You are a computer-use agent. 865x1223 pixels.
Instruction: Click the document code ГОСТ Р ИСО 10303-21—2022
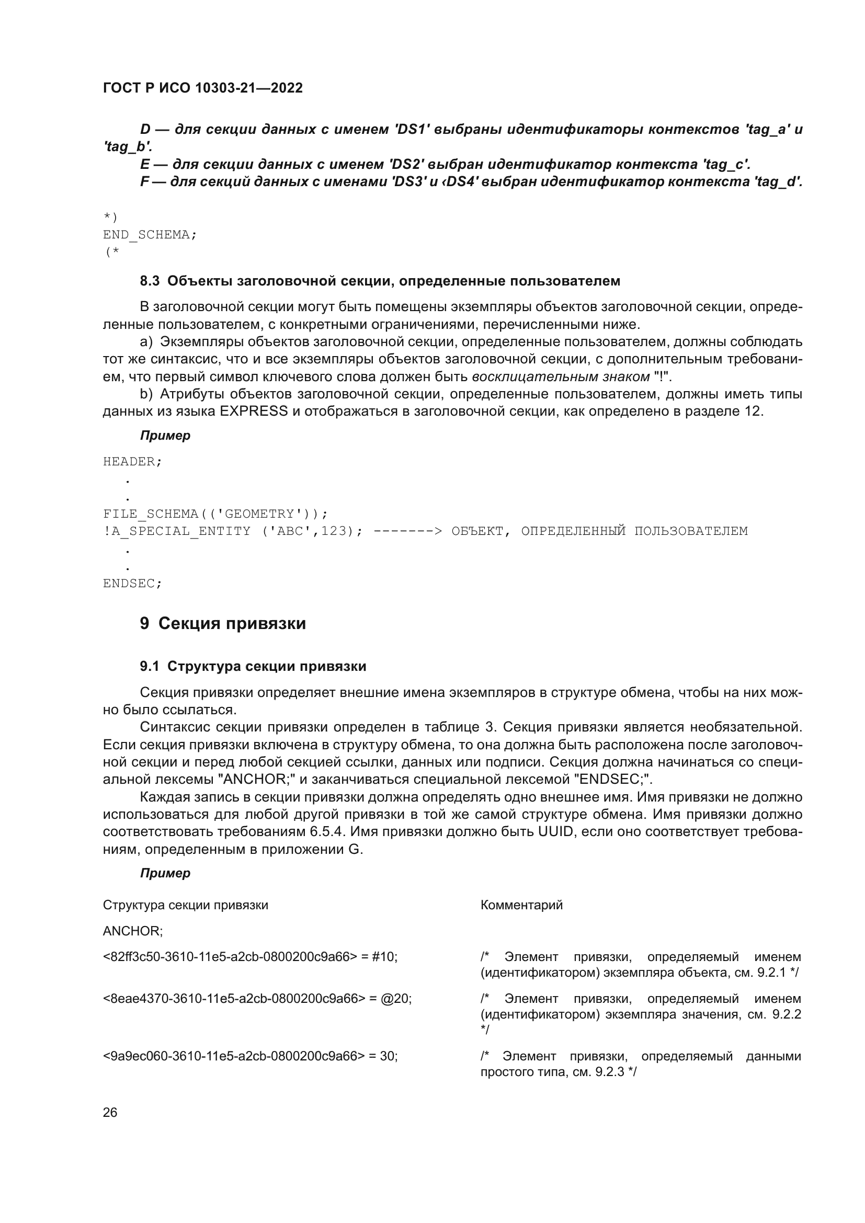tap(202, 88)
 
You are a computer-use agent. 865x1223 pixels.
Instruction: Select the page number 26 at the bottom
tap(110, 1112)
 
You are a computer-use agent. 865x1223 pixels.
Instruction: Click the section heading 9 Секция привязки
tap(223, 623)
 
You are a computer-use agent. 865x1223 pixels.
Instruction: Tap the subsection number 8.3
tap(150, 281)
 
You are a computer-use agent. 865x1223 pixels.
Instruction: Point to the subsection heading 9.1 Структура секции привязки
tap(253, 666)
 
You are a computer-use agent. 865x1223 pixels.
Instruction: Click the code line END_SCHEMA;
tap(150, 235)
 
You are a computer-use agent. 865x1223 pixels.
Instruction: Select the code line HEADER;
tap(132, 462)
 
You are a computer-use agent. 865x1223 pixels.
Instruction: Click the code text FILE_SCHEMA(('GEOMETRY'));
tap(215, 514)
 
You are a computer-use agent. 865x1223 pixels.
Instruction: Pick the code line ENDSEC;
tap(132, 584)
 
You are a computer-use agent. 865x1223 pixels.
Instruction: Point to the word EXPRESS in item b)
tap(254, 411)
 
